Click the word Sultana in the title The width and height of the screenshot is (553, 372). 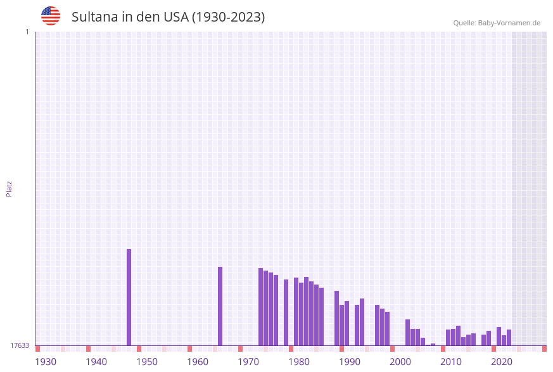(x=94, y=17)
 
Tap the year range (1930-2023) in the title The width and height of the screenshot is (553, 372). (x=228, y=17)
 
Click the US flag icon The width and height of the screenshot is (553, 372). (x=51, y=16)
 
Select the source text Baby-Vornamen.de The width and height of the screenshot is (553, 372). (x=509, y=23)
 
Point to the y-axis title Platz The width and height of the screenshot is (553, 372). (x=10, y=188)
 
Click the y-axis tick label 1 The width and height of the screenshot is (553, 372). (x=27, y=32)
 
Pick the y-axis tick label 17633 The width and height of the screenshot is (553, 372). (x=20, y=345)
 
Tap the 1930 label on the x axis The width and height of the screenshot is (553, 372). (x=46, y=362)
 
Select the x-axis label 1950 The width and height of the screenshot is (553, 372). (x=147, y=362)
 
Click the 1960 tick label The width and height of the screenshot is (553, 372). (x=198, y=362)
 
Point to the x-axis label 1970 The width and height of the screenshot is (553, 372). (x=248, y=362)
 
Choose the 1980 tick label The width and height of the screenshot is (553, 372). (x=299, y=362)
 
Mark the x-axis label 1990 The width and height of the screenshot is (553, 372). (x=350, y=362)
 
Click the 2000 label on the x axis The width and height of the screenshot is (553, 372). (x=400, y=362)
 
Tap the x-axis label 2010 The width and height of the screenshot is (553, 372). (x=451, y=362)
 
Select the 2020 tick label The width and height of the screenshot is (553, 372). (x=502, y=362)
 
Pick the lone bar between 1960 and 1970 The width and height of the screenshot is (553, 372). (x=220, y=305)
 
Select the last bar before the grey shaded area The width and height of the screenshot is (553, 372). (x=509, y=337)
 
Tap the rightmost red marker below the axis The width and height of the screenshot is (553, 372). (x=544, y=349)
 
